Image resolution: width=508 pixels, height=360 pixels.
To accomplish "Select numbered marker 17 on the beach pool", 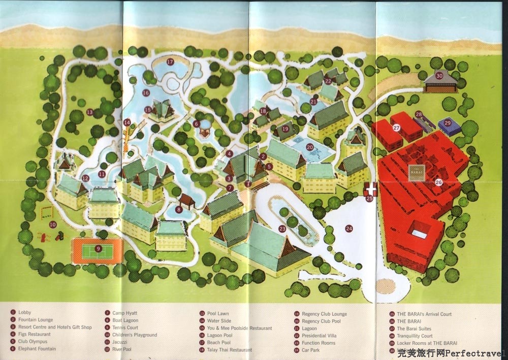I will [x=170, y=62].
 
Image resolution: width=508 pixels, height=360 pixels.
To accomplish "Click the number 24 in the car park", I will [x=348, y=228].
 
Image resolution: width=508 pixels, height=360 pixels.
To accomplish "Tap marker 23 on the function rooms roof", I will [x=282, y=229].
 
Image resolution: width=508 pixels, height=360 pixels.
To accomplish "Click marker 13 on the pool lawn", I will [x=89, y=112].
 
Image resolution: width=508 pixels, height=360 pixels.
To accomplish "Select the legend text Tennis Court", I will [x=125, y=328].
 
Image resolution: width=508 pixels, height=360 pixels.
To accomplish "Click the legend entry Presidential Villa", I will [x=319, y=336].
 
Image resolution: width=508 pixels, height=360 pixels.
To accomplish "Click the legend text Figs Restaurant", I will [x=35, y=335].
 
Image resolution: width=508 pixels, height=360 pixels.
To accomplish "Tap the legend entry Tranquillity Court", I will [x=415, y=336].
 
